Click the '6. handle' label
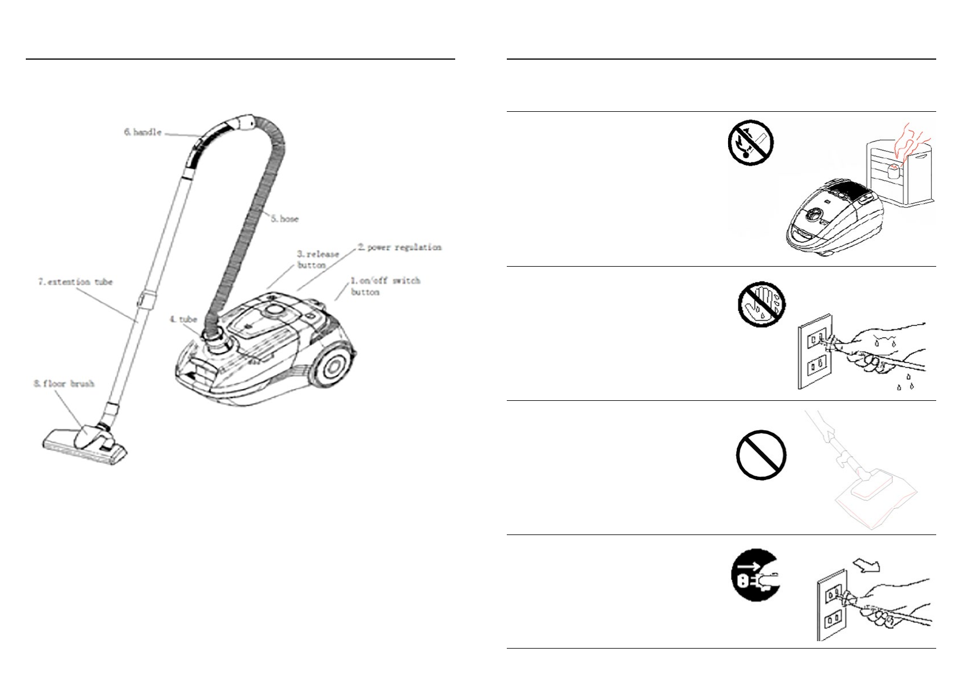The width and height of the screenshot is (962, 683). point(142,132)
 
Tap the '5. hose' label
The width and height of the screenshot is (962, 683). point(284,218)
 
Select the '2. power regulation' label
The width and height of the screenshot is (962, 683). point(400,247)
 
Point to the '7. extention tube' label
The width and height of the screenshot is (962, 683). point(76,282)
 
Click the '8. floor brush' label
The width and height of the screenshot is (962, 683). point(63,384)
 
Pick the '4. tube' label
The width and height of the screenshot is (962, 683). point(183,319)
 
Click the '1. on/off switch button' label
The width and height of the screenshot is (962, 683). point(385,286)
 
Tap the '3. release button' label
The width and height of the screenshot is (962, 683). point(318,259)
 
